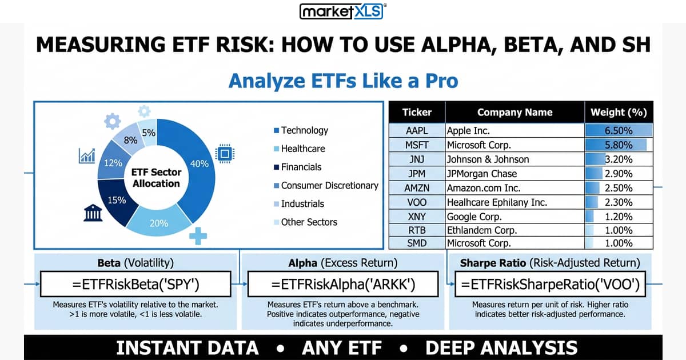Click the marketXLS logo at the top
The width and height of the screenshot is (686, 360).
tap(343, 11)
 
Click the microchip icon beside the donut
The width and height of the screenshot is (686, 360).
tap(224, 153)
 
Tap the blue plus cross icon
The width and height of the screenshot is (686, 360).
tap(198, 235)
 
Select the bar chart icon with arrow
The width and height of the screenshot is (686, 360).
tap(87, 155)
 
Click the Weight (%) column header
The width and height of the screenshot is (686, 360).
tap(618, 112)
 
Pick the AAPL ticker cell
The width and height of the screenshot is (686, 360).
tap(416, 131)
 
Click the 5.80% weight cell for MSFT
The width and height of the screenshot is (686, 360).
tap(618, 145)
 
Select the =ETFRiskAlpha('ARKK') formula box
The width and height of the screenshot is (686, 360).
tap(343, 284)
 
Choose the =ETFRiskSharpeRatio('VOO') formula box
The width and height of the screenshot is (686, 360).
tap(550, 284)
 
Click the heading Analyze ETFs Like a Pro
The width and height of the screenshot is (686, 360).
tap(343, 81)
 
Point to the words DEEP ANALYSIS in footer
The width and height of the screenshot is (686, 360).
tap(501, 347)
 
